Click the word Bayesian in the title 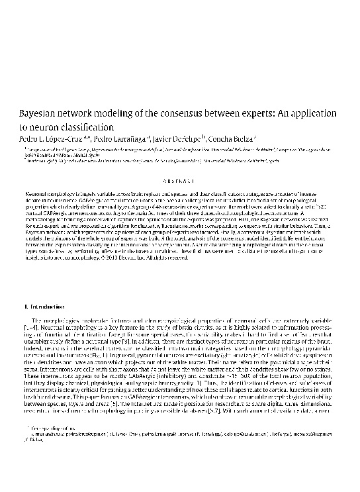[41, 114]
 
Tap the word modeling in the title [134, 114]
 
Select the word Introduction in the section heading [47, 307]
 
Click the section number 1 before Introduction [25, 307]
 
